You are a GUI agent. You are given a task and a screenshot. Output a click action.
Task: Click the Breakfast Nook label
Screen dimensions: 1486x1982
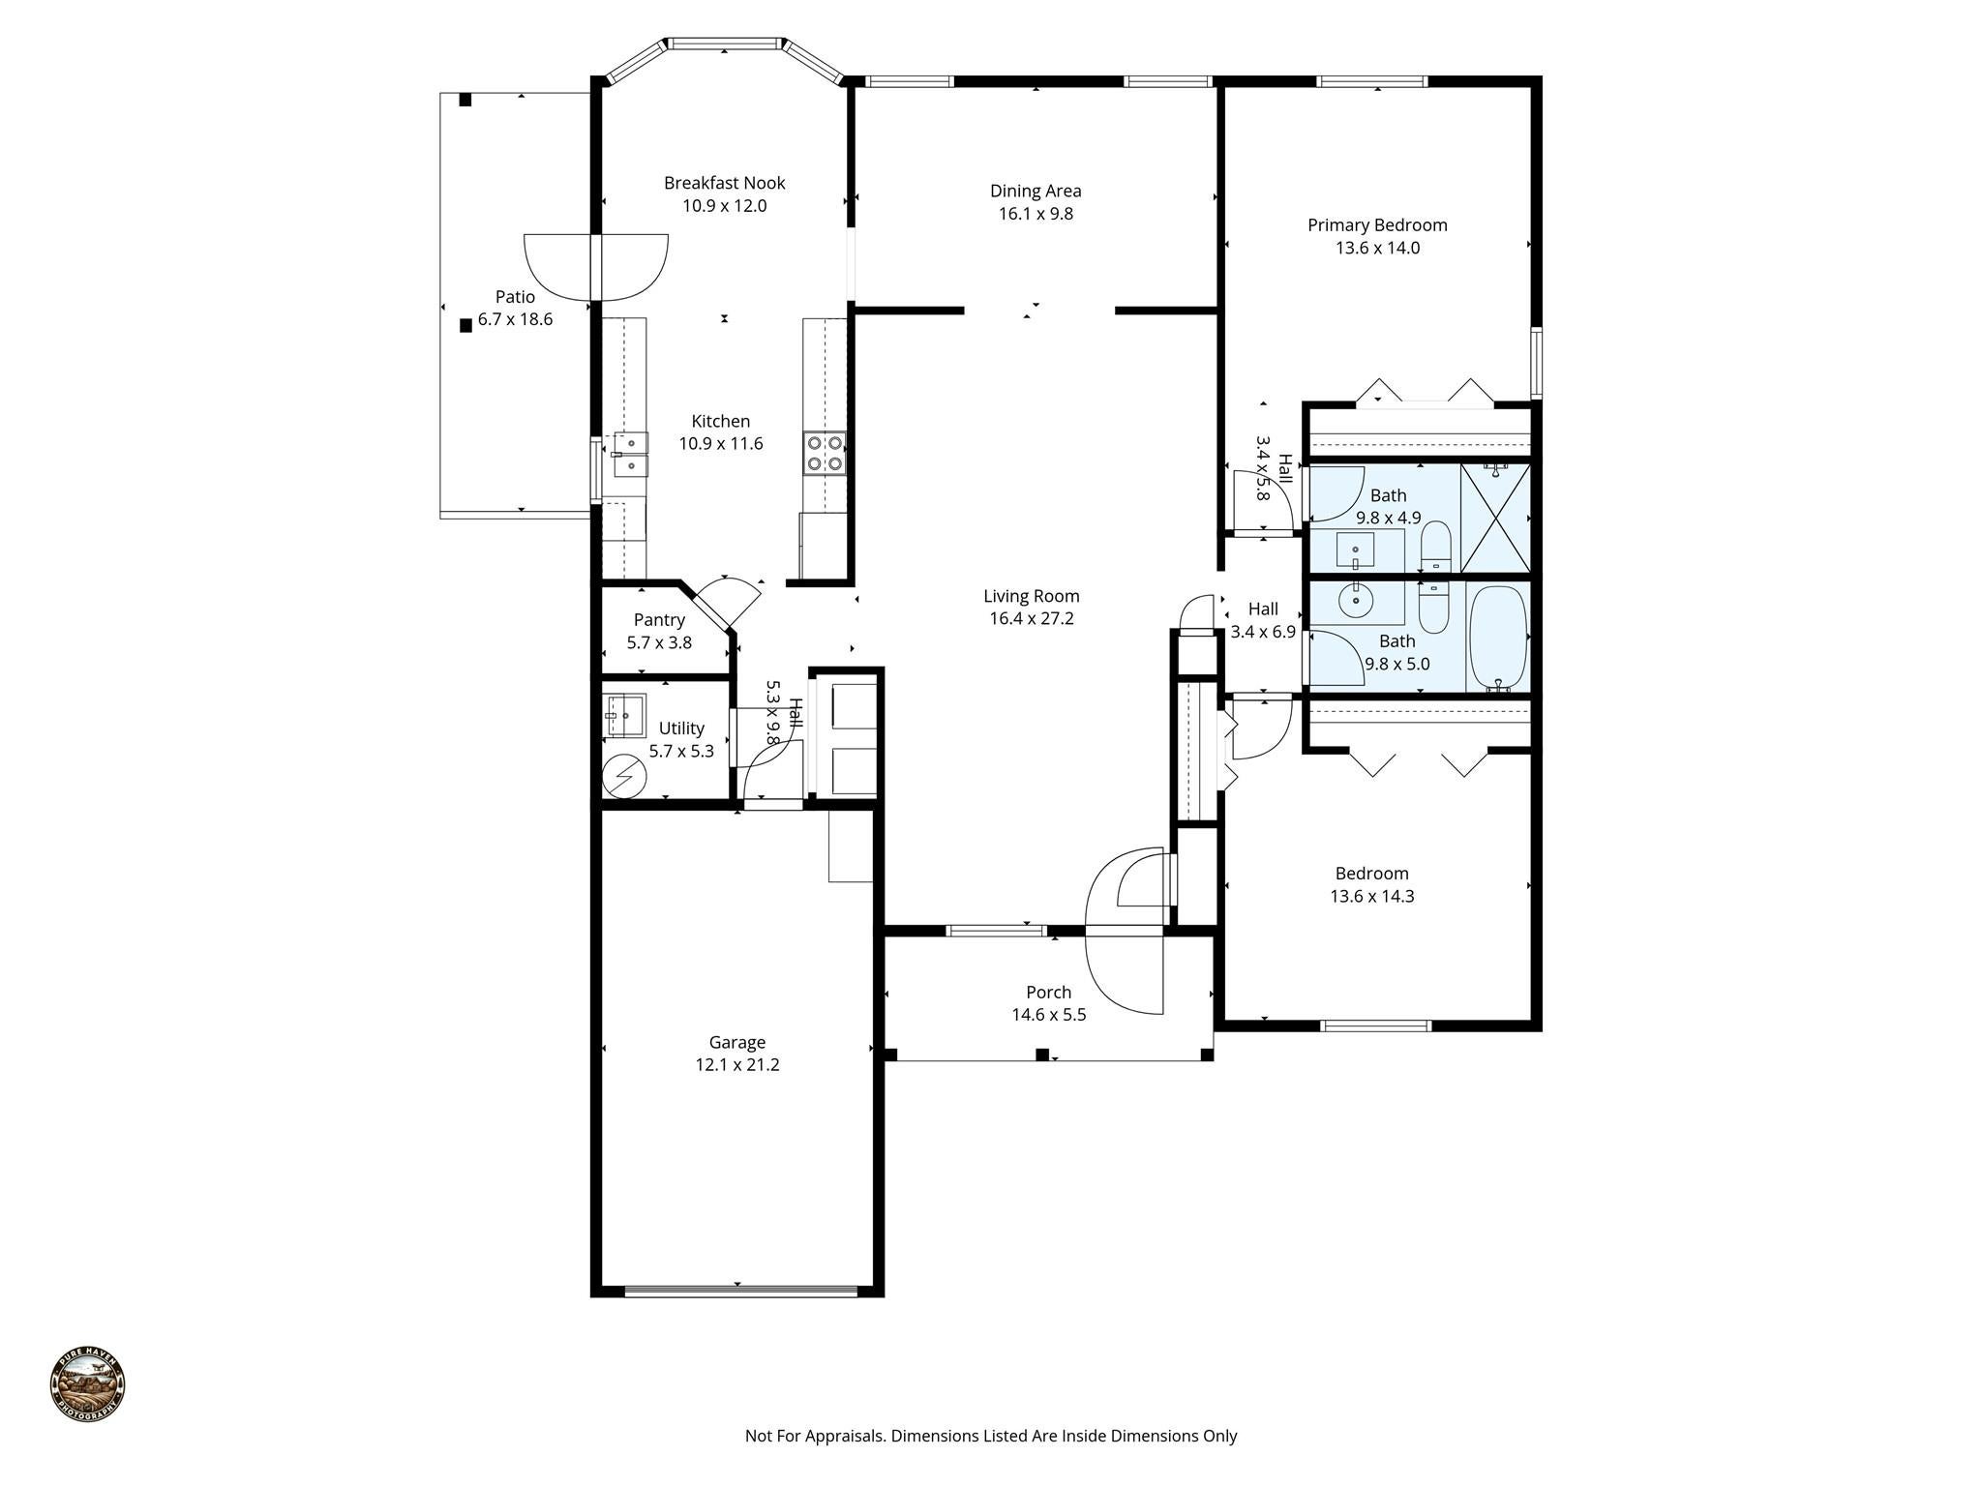724,183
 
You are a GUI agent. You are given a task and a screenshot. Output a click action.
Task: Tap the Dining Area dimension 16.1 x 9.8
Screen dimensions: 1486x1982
1036,214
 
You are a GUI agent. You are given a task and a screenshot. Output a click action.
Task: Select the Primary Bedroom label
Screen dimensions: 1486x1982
1377,225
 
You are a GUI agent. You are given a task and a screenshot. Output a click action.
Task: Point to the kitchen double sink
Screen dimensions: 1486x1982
631,455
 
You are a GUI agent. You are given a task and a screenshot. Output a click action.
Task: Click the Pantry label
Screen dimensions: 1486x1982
659,620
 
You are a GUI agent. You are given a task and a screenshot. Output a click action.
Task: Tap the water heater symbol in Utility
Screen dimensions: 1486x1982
623,776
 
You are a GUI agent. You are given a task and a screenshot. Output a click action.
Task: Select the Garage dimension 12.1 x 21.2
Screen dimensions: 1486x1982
736,1065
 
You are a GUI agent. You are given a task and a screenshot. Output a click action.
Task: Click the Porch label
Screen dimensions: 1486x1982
1048,993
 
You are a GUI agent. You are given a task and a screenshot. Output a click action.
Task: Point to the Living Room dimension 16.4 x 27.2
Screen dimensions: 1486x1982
1031,619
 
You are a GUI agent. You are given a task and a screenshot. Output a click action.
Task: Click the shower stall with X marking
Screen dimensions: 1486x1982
1495,519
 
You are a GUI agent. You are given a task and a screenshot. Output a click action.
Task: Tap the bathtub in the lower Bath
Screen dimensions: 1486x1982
1497,638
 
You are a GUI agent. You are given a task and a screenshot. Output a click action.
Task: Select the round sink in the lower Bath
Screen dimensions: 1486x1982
1357,600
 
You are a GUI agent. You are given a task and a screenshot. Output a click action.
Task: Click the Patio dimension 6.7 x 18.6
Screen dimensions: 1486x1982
515,320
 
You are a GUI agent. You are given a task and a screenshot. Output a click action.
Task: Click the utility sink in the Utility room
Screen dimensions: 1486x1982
624,716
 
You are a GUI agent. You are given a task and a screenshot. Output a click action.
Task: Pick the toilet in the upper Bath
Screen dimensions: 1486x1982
1435,548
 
